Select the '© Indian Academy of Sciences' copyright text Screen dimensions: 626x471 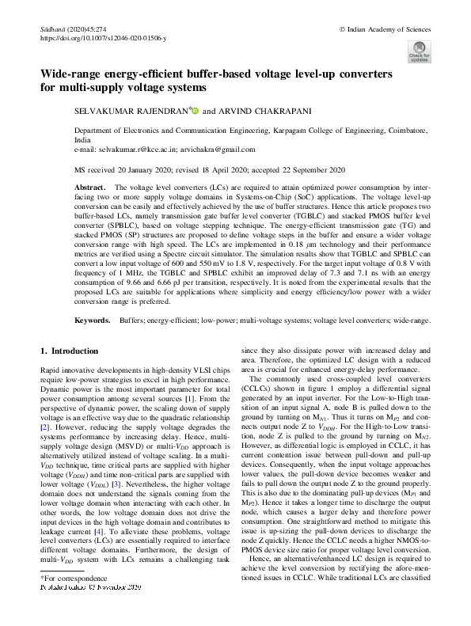click(x=384, y=28)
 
